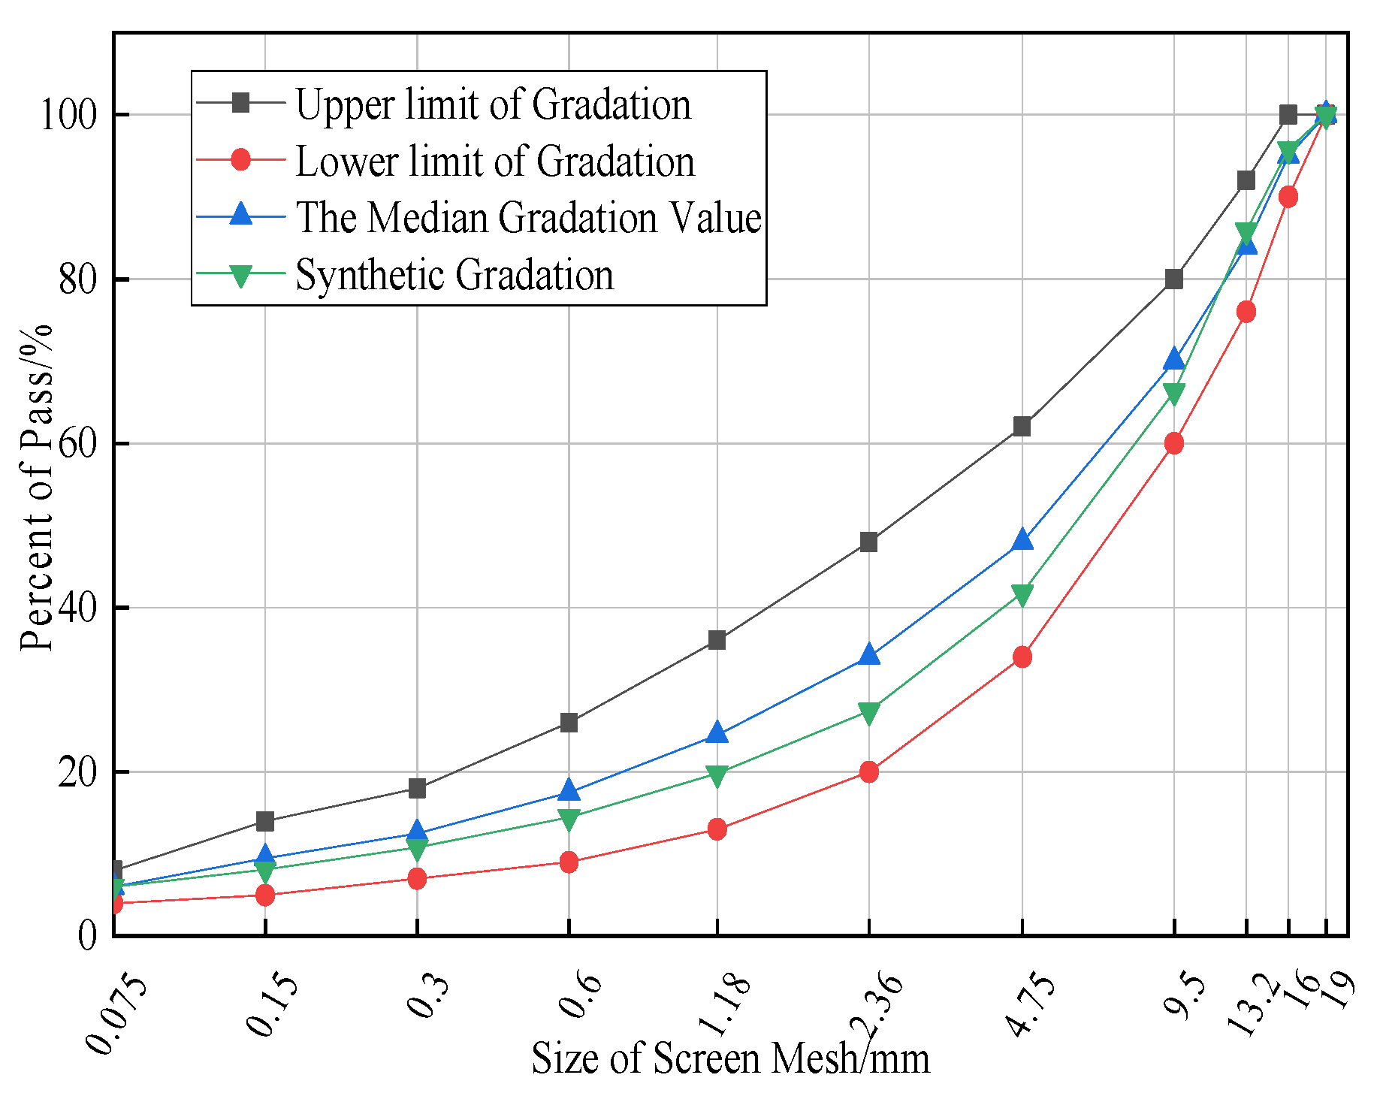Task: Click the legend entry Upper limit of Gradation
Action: point(492,104)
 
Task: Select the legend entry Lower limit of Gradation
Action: point(494,161)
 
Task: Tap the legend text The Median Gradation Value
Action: point(528,217)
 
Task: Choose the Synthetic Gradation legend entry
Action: point(454,274)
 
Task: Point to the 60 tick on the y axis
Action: point(78,443)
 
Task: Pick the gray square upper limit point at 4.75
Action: point(1022,427)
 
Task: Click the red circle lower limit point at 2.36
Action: point(869,771)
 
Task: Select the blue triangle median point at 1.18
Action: point(717,732)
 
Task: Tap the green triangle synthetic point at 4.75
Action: point(1022,595)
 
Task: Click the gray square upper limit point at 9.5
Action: point(1174,279)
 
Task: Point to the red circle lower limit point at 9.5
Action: point(1174,443)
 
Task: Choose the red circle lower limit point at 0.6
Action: point(569,862)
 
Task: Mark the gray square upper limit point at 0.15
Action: point(265,821)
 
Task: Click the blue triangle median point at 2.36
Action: point(869,655)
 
